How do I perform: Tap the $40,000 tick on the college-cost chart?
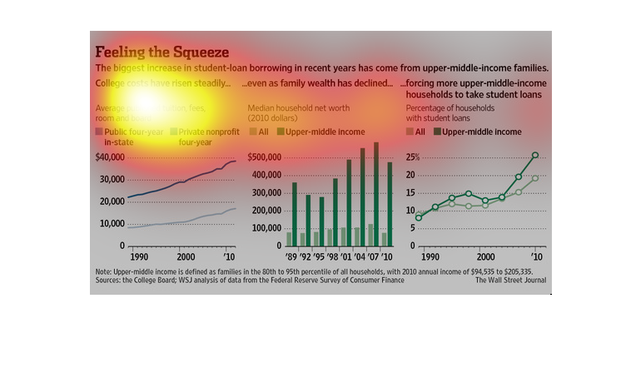(x=109, y=157)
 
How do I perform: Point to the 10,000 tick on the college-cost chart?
(x=111, y=224)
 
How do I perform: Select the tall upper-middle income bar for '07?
(x=376, y=195)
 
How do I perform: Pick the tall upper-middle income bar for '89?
(x=294, y=214)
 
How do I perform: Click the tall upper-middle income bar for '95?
(x=322, y=221)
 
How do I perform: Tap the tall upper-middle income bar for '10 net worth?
(x=390, y=204)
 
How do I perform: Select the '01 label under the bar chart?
(x=349, y=256)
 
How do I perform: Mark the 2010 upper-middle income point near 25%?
(x=535, y=155)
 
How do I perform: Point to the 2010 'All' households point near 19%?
(x=535, y=178)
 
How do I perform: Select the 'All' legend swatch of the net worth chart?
(x=253, y=132)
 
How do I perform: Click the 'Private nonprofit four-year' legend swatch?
(x=174, y=132)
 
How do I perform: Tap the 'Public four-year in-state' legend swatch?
(x=100, y=132)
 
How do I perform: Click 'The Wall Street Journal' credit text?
(x=513, y=281)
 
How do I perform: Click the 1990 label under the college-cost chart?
(x=137, y=256)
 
